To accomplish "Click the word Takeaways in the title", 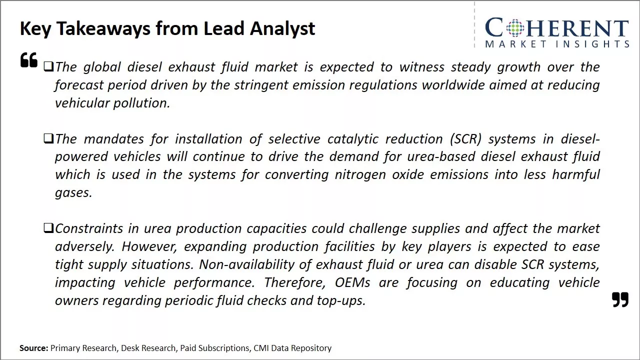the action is (103, 28).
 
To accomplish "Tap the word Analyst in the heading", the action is (282, 28).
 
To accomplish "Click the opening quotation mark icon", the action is (29, 59).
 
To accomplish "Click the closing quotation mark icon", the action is (620, 299).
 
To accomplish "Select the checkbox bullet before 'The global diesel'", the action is (48, 66).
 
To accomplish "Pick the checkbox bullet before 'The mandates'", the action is (48, 138).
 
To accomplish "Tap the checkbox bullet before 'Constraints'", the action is (48, 228).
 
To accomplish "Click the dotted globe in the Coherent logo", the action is (515, 27).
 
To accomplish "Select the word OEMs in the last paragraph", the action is (352, 282).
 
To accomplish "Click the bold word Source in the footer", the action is (33, 348).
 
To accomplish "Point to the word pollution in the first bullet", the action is (141, 103).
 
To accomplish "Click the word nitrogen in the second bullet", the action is (360, 175).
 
